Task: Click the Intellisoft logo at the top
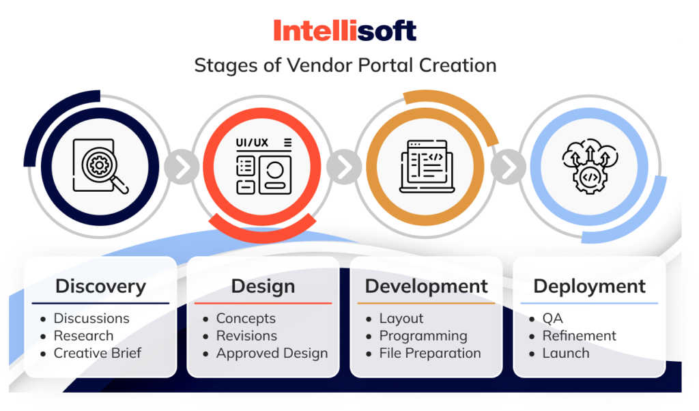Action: [345, 31]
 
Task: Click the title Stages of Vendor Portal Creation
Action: [345, 66]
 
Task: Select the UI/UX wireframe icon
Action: [263, 165]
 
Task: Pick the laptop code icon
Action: [427, 165]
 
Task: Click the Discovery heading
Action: [100, 286]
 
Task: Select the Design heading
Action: [263, 286]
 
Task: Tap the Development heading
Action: [427, 286]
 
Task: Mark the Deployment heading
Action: [589, 286]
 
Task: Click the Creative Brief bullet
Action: [98, 354]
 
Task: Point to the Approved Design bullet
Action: [272, 354]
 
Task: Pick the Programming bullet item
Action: [423, 336]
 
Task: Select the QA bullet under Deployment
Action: [552, 318]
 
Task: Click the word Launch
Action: [565, 354]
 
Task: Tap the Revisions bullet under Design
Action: [246, 336]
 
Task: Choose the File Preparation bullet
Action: [430, 354]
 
